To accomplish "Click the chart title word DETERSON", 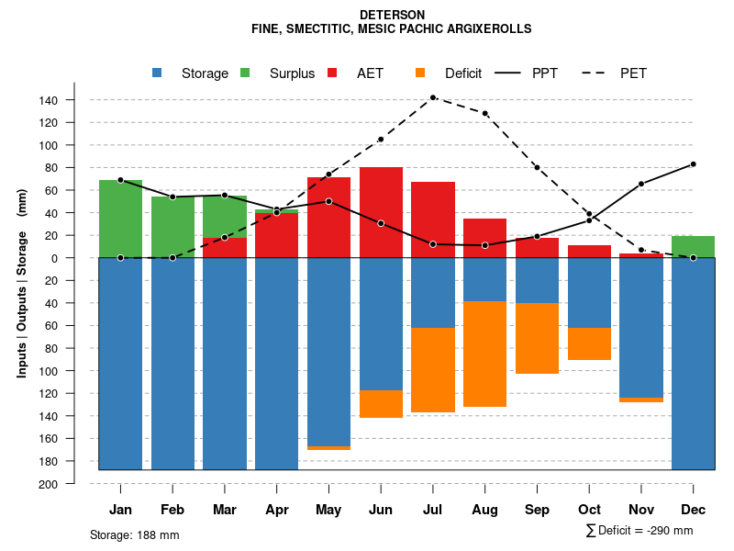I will [x=392, y=16].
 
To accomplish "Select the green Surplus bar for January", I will [x=120, y=219].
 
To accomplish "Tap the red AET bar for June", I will [x=381, y=212].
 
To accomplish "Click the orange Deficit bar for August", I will [x=484, y=354].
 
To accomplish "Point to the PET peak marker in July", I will [x=433, y=97].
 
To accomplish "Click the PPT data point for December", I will [x=694, y=164].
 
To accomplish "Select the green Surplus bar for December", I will [x=693, y=247].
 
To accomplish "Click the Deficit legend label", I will [x=462, y=73].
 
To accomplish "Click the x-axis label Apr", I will [x=276, y=510].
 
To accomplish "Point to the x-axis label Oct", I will [x=589, y=510].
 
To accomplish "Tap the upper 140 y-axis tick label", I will [x=49, y=100].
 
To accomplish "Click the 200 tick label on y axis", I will [x=49, y=483].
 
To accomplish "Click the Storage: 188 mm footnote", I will [x=134, y=534].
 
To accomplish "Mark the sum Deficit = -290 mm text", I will [x=639, y=531].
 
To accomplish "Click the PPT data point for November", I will [x=641, y=184].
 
